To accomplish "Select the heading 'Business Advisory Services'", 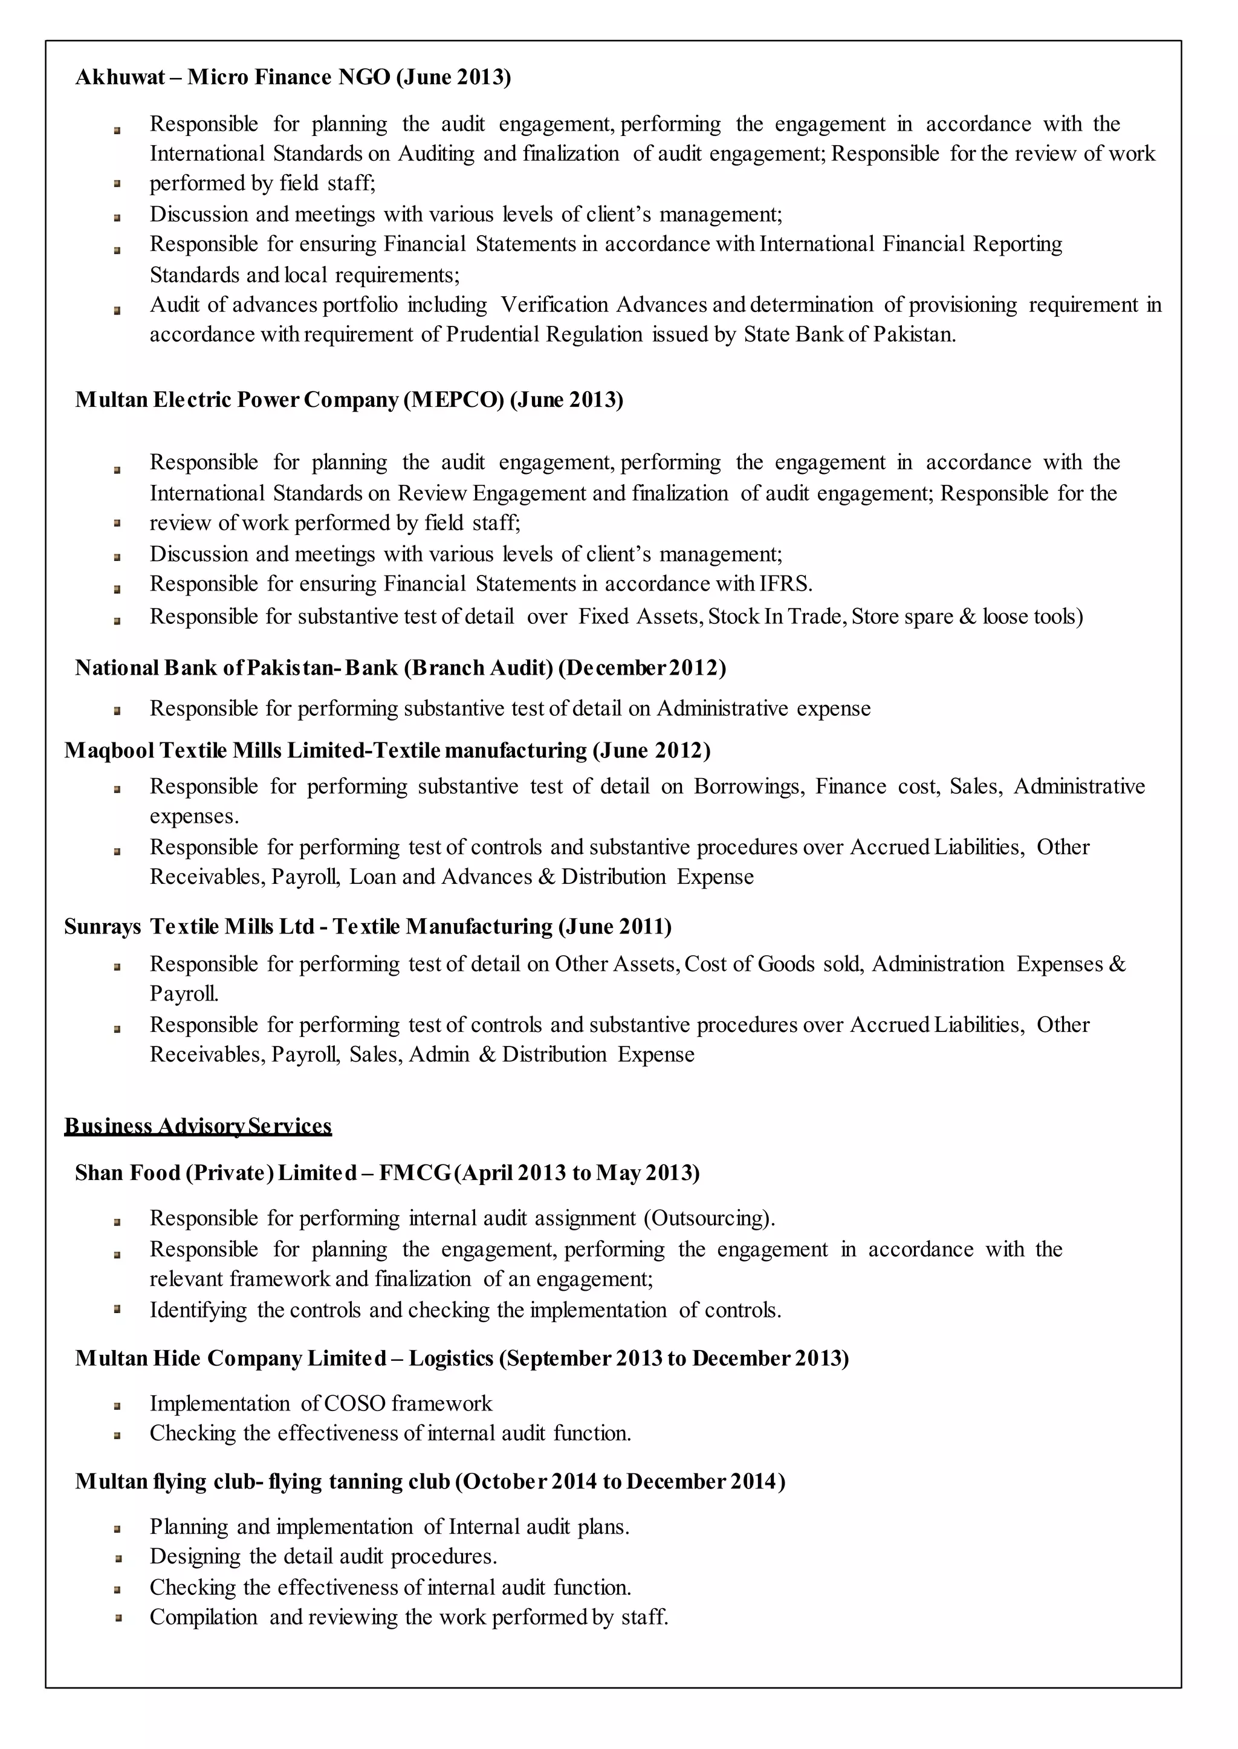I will tap(198, 1126).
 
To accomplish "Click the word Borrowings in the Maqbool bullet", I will tap(748, 786).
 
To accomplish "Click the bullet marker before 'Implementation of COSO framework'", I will tap(117, 1405).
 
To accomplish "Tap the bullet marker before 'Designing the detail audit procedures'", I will tap(117, 1557).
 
